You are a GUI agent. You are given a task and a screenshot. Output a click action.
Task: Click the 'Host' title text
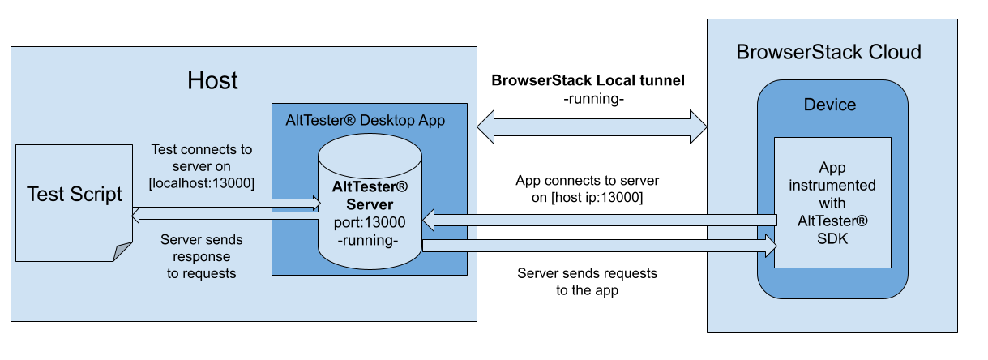[213, 80]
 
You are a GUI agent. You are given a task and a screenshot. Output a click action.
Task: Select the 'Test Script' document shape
[74, 195]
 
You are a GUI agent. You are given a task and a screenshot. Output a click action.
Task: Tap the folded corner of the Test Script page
[122, 252]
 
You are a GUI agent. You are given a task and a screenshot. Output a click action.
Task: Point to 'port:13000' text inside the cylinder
[370, 221]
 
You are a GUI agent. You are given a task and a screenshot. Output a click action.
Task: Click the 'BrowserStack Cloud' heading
[828, 53]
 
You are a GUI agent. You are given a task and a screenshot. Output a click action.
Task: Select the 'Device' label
[829, 105]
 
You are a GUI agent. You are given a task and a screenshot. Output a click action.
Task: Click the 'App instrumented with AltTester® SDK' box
[832, 202]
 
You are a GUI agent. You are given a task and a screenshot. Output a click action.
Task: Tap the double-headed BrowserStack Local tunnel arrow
[592, 127]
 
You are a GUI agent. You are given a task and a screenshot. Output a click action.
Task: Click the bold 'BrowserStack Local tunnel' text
[588, 80]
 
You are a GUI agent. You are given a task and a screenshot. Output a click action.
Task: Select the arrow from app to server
[600, 220]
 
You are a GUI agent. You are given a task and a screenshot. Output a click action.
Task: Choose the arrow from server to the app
[600, 246]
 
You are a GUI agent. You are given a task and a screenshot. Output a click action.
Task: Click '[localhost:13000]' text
[203, 183]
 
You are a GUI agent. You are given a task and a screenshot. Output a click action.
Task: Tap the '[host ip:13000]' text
[588, 197]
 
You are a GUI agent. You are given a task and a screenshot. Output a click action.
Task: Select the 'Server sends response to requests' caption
[202, 257]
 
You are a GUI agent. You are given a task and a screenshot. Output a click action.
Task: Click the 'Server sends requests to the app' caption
[588, 281]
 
